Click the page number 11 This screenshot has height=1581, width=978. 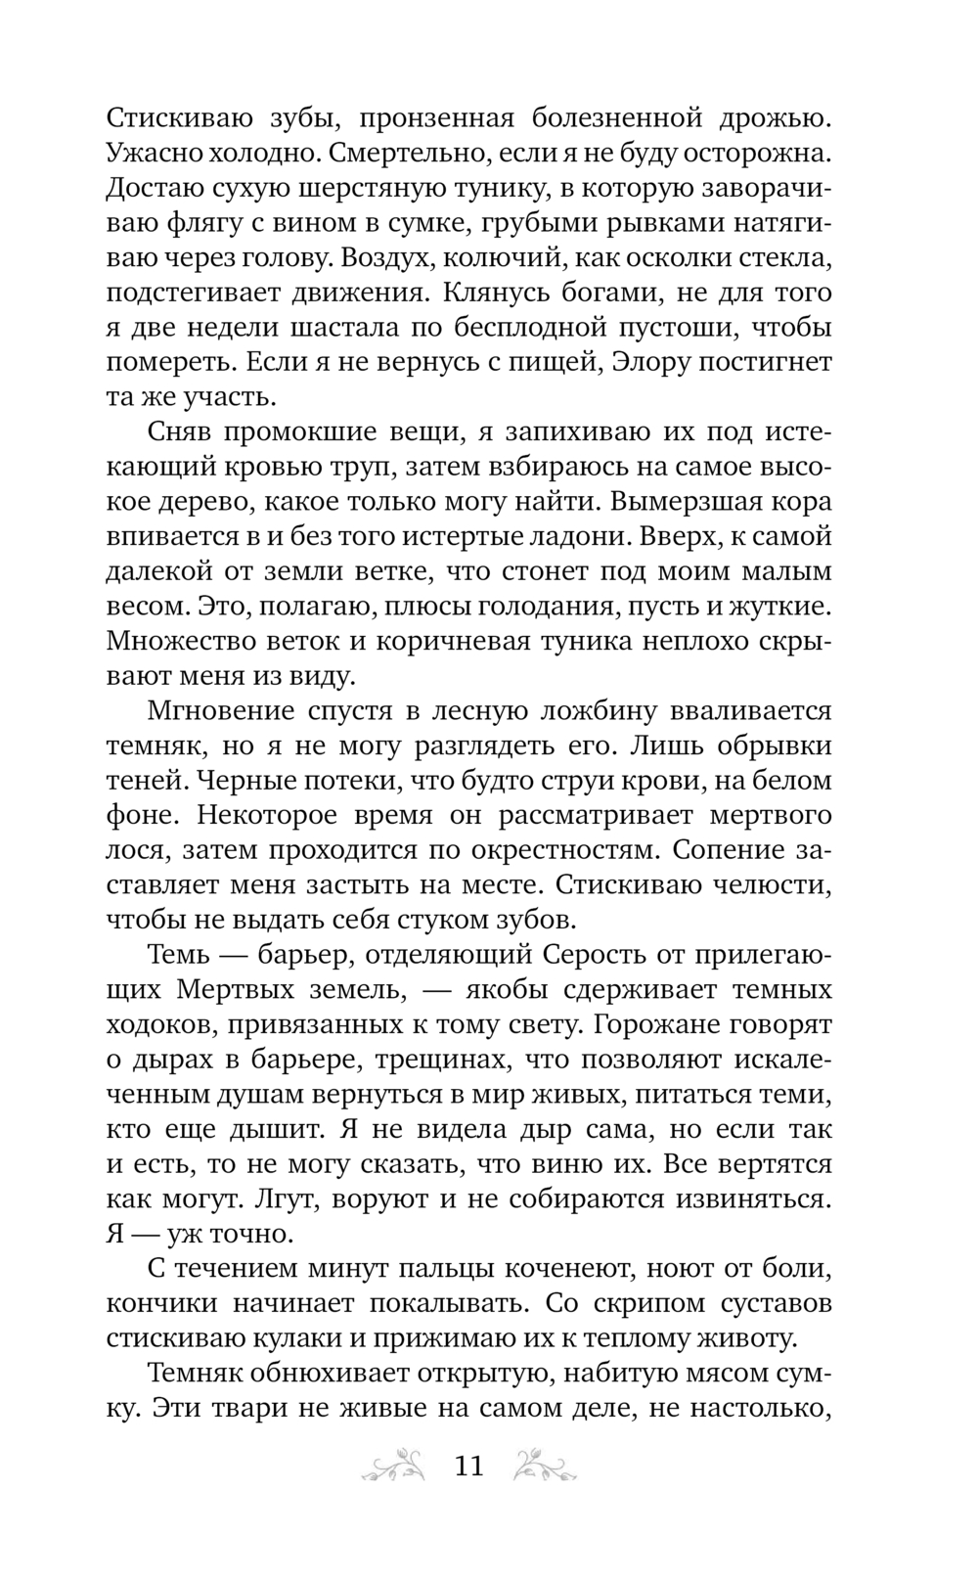(x=469, y=1467)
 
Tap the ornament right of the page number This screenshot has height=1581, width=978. (x=546, y=1466)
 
